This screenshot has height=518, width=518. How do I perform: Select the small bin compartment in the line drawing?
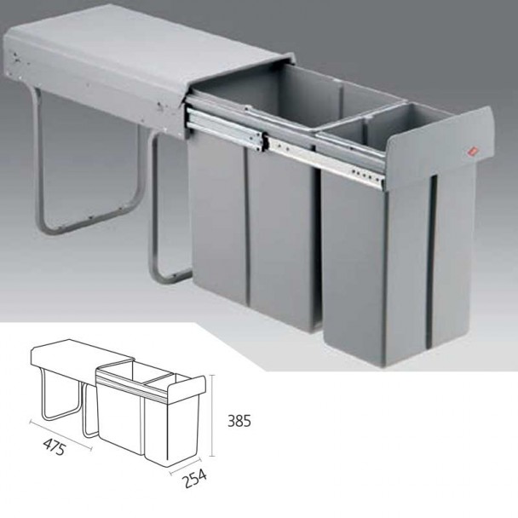point(153,376)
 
